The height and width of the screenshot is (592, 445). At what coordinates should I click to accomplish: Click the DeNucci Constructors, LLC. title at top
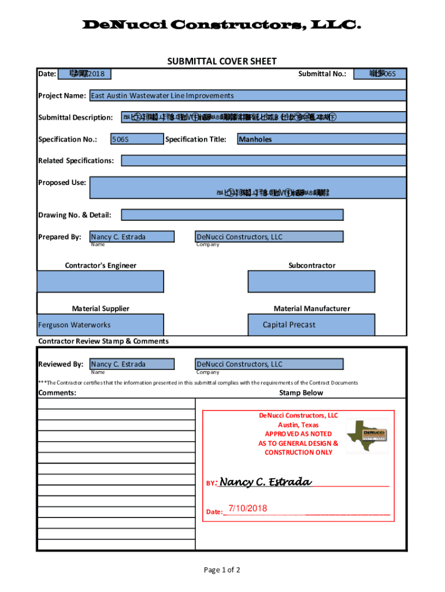(222, 25)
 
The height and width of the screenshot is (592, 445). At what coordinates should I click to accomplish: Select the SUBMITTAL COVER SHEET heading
(222, 61)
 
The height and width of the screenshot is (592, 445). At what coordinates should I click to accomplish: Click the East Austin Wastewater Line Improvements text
(162, 95)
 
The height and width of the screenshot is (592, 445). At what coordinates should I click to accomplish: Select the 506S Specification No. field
(136, 139)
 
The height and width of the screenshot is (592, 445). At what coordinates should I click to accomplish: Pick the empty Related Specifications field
(264, 161)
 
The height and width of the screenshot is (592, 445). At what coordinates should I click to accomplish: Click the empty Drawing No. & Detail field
(232, 215)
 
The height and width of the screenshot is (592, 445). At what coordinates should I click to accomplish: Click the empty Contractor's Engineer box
(101, 282)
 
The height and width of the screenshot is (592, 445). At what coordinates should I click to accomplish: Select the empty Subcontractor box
(311, 282)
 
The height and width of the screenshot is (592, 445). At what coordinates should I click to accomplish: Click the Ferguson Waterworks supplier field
(101, 325)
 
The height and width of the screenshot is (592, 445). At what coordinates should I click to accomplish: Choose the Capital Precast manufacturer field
(311, 325)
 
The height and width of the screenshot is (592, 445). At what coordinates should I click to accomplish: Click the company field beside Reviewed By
(269, 364)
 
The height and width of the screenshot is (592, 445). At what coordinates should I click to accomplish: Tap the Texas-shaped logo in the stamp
(368, 434)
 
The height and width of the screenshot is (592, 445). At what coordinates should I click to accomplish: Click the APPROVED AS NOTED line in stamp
(298, 434)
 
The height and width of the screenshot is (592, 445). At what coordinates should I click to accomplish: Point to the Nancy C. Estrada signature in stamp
(266, 482)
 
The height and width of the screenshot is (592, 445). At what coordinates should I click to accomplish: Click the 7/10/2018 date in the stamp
(248, 509)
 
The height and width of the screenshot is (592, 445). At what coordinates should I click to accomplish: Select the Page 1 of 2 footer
(222, 570)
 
